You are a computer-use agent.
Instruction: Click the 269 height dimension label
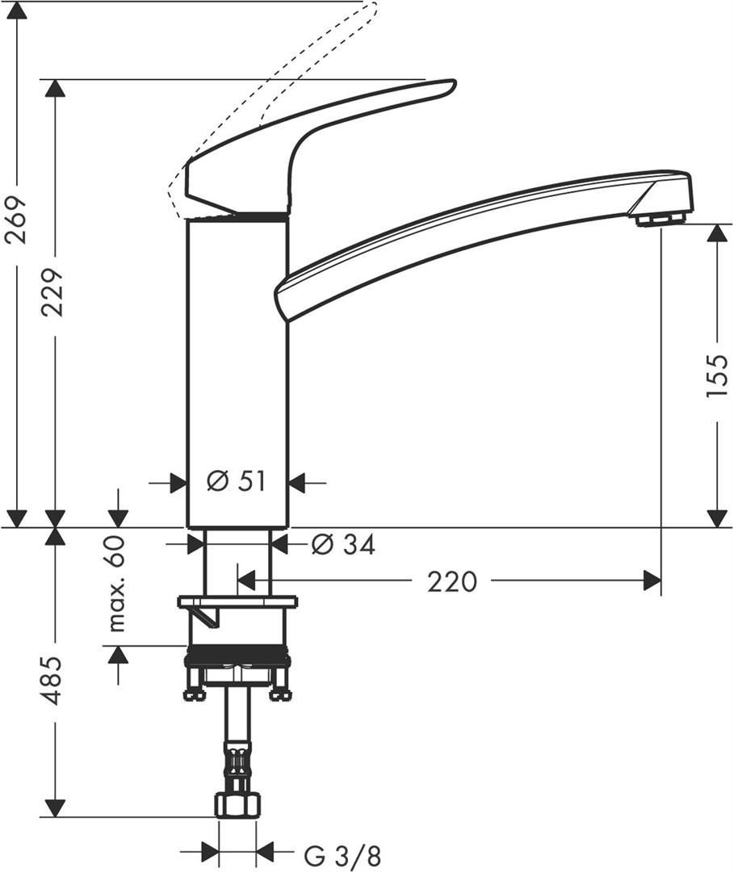[16, 219]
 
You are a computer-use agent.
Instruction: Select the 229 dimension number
[53, 292]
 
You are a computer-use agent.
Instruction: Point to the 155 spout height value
[717, 375]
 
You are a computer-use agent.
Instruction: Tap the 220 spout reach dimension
[452, 581]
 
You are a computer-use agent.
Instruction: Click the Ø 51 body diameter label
[237, 481]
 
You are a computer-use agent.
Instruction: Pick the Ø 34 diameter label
[343, 544]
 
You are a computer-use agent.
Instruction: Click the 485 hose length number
[53, 681]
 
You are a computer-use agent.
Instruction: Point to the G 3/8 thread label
[342, 855]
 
